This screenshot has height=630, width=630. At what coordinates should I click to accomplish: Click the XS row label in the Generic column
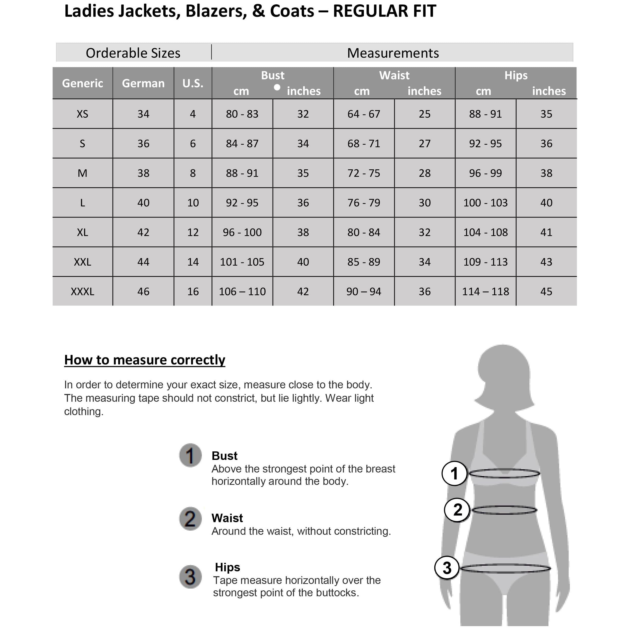(83, 114)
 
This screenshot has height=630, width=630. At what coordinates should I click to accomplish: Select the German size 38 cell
(144, 173)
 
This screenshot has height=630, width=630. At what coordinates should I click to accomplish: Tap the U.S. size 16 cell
(193, 292)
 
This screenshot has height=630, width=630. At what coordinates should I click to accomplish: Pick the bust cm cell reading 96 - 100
(242, 232)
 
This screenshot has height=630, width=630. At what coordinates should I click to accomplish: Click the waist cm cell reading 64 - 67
(364, 114)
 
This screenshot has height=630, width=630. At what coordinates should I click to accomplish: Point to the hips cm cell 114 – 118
(486, 292)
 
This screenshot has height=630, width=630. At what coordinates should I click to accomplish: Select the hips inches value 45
(547, 292)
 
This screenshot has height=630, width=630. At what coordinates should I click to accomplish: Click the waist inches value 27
(425, 144)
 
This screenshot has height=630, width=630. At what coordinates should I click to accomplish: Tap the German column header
(144, 83)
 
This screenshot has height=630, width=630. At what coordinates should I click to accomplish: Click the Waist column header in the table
(394, 76)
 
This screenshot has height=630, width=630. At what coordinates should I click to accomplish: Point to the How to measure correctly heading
(145, 360)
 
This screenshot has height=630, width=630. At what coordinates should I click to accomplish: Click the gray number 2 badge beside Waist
(190, 519)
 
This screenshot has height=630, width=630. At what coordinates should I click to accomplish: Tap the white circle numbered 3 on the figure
(447, 568)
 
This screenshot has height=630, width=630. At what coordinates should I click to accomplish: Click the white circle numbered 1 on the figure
(454, 474)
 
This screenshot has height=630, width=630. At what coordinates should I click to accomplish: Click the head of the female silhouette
(503, 372)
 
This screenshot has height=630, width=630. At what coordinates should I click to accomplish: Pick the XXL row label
(83, 262)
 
